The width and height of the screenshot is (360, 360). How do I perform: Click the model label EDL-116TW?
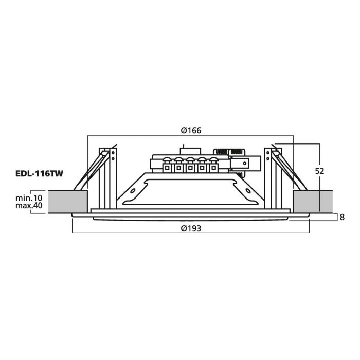coord(39,174)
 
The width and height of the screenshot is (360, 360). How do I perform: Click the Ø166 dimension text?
coord(191,131)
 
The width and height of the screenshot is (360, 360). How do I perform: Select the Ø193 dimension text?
coord(191,228)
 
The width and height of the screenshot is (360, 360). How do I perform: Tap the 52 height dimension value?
coord(319,171)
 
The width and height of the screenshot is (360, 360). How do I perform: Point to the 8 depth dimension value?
coord(342,217)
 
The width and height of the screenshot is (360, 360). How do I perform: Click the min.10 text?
coord(29,198)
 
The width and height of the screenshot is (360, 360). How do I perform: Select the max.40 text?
coord(29,206)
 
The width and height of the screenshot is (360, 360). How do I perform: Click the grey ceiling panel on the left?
coord(68,202)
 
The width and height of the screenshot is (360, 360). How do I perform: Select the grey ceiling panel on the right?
coord(313,202)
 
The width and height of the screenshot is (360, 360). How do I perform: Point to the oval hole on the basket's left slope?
coord(133,191)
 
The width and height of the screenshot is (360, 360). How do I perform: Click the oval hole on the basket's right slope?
coord(248,191)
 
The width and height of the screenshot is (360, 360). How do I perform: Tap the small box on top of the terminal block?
coord(191,151)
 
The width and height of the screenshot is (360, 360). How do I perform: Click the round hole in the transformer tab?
coord(245,164)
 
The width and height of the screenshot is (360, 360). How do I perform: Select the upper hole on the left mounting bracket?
coord(113,153)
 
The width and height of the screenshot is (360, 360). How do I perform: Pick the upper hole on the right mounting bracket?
coord(268,153)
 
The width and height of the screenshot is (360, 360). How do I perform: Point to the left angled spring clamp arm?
coord(92,171)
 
